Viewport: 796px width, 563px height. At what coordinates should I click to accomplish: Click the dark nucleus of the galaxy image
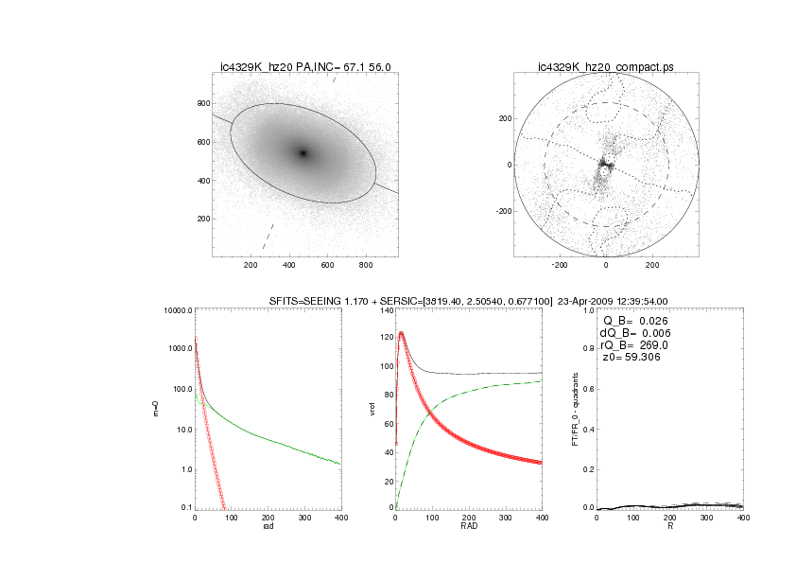pyautogui.click(x=303, y=152)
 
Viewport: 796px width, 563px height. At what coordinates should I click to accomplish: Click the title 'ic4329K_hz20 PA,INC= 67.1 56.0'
pyautogui.click(x=305, y=66)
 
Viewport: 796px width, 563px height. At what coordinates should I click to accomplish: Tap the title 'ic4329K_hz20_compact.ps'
pyautogui.click(x=605, y=66)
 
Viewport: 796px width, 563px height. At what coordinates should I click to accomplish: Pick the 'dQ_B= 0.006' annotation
pyautogui.click(x=639, y=333)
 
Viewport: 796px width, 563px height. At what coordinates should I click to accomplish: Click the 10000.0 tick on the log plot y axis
pyautogui.click(x=177, y=310)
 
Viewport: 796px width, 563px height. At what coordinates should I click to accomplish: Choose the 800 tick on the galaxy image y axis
pyautogui.click(x=202, y=103)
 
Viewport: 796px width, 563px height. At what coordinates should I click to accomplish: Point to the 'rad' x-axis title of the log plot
pyautogui.click(x=268, y=527)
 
